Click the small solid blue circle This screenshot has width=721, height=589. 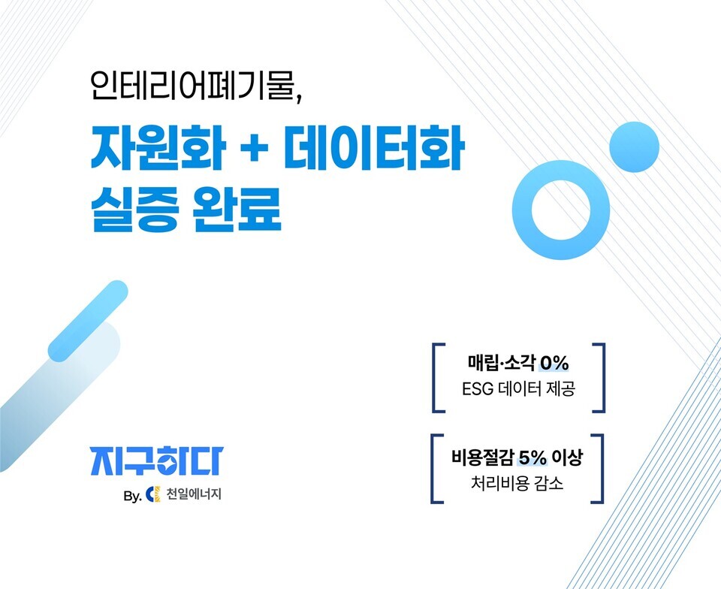633,147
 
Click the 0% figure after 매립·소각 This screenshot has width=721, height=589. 554,364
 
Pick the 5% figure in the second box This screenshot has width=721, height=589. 534,456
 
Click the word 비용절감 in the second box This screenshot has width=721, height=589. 482,456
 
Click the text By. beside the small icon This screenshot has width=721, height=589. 132,497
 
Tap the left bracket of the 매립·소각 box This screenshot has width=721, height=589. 436,378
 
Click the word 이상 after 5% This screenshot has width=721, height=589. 577,456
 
